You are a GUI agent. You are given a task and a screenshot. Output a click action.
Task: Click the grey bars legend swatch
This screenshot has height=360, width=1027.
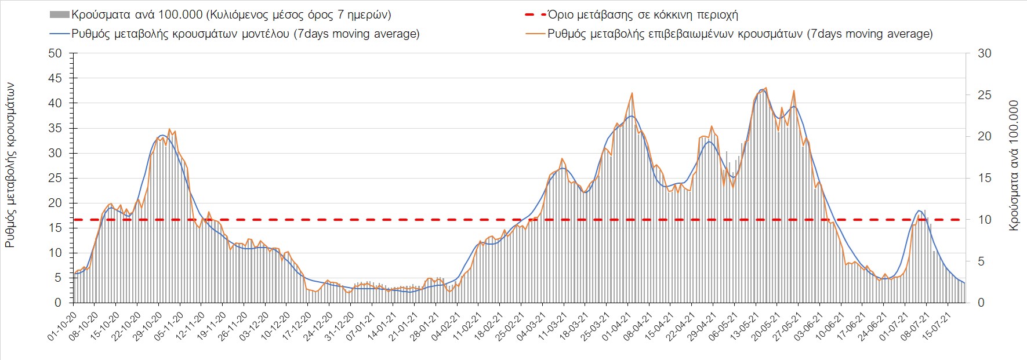click(x=60, y=15)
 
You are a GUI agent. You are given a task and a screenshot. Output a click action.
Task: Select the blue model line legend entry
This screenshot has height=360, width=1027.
click(x=60, y=34)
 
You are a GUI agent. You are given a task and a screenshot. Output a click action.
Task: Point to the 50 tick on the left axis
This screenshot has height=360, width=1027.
click(x=55, y=53)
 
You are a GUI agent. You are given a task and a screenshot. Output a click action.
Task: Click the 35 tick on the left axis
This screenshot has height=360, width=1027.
click(x=55, y=128)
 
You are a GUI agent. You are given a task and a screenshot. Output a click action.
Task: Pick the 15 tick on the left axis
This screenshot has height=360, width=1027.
click(x=55, y=228)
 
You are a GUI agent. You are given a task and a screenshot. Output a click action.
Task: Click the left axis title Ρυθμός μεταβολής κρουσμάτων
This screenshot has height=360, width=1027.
click(x=10, y=165)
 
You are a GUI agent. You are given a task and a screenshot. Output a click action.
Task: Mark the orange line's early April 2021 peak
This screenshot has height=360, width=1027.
click(x=632, y=93)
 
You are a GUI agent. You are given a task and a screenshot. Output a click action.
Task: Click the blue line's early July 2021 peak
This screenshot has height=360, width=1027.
click(x=919, y=210)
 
